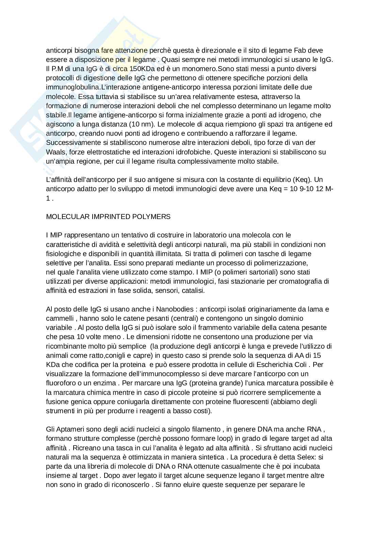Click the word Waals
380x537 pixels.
pyautogui.click(x=54, y=152)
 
